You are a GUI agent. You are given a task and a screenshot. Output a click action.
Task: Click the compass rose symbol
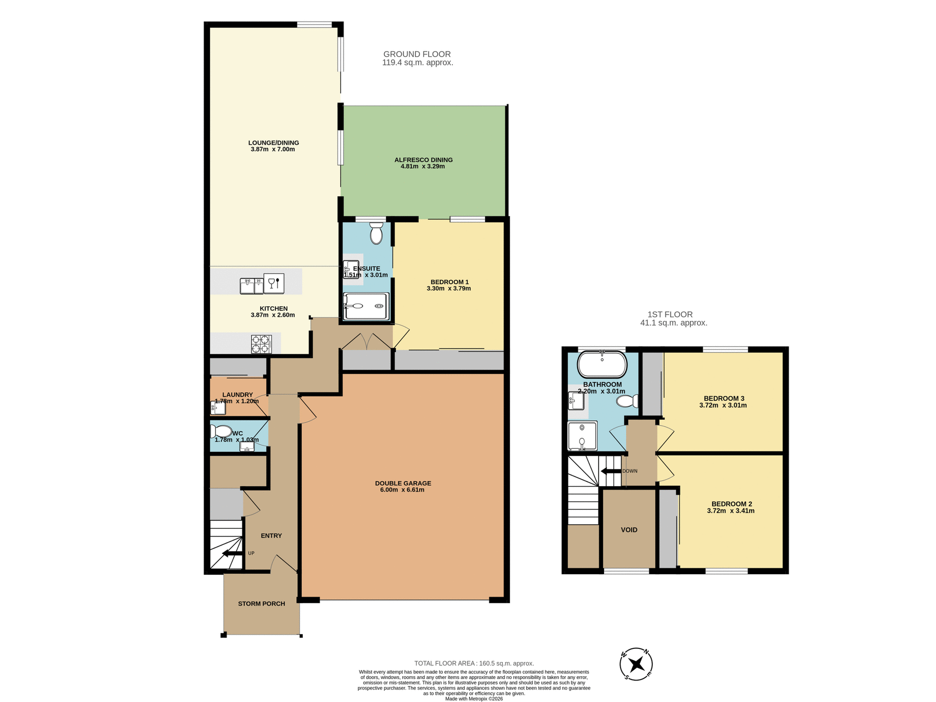pos(636,664)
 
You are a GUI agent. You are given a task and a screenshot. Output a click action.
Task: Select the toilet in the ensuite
pos(376,234)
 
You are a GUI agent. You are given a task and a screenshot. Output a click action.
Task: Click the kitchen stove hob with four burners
pos(261,344)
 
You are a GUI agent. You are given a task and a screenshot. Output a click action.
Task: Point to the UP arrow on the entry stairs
pos(232,553)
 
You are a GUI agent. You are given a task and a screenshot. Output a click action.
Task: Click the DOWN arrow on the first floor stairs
pos(610,471)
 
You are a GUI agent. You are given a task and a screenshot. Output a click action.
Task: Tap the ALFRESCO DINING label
pos(423,160)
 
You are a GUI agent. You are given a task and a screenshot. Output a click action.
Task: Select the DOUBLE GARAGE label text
pos(403,483)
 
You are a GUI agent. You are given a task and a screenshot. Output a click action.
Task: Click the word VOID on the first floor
pos(629,530)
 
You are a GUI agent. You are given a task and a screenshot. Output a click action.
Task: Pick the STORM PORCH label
pos(261,604)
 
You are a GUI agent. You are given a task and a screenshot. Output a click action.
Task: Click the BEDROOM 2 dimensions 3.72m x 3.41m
pos(730,511)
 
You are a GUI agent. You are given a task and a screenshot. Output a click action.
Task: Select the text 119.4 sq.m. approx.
pos(417,63)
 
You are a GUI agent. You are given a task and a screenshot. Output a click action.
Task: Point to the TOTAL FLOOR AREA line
pos(474,663)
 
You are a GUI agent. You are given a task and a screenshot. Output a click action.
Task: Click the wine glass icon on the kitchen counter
pos(274,283)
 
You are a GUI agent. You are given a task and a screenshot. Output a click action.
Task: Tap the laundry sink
pos(217,408)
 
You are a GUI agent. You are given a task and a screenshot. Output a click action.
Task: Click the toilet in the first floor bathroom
pos(627,401)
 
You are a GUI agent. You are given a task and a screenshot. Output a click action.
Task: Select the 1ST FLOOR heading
pos(670,314)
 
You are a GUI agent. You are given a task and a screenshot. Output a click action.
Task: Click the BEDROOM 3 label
pos(723,398)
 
